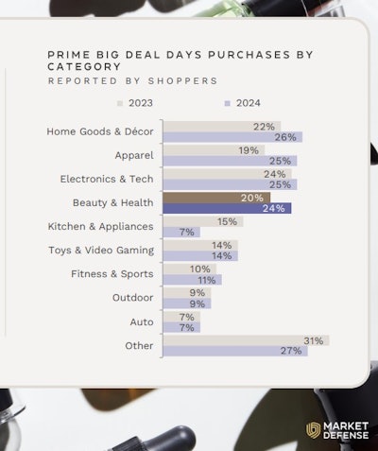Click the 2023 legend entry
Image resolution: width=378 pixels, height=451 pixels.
click(134, 103)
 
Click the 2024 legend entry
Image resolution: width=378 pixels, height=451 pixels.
click(243, 103)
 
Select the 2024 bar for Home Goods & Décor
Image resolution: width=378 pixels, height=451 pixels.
click(232, 137)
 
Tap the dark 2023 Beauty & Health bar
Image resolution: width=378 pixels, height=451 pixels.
click(202, 198)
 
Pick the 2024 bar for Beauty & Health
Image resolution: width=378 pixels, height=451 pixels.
click(227, 209)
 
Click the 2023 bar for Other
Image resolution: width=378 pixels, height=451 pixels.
click(245, 340)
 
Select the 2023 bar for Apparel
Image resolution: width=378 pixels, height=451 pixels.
click(213, 149)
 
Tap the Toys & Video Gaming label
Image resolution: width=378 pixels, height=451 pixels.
click(101, 251)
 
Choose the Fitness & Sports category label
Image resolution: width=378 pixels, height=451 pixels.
click(112, 274)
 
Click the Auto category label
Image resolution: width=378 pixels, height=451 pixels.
click(142, 322)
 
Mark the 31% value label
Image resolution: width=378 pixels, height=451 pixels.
click(314, 340)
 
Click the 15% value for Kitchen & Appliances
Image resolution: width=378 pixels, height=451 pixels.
click(227, 221)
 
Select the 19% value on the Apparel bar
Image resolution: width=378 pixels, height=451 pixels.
click(249, 149)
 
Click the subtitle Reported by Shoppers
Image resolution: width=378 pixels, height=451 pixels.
click(131, 81)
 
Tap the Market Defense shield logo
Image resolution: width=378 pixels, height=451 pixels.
click(313, 430)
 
